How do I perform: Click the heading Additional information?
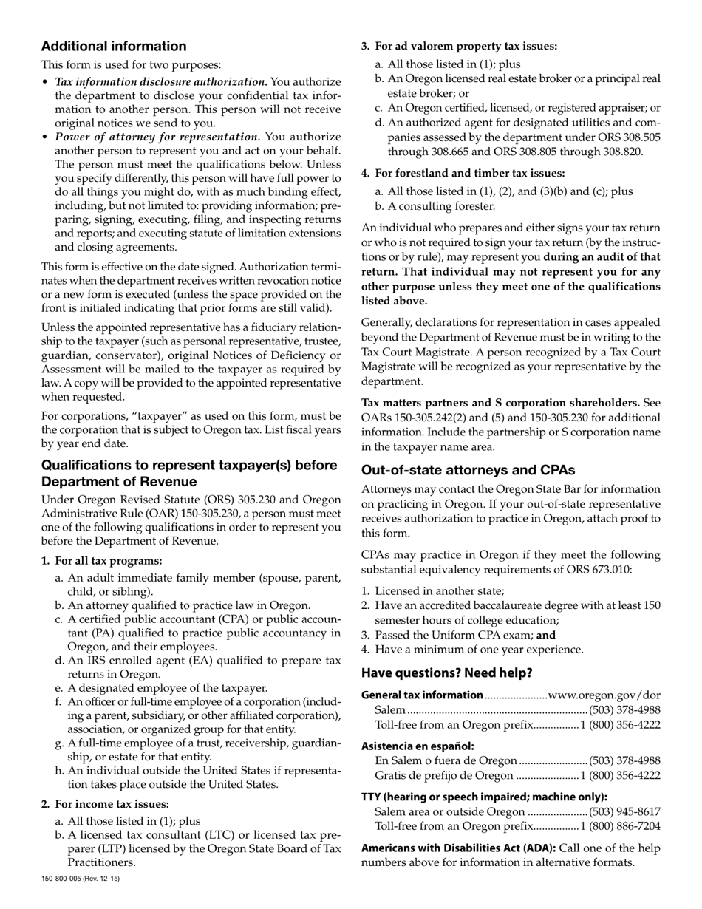(x=114, y=47)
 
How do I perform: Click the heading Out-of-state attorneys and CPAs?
(x=468, y=470)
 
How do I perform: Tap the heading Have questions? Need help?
(x=446, y=673)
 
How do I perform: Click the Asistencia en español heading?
(x=418, y=746)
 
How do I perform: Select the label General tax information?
(x=422, y=695)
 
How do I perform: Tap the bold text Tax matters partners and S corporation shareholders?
(x=500, y=403)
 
